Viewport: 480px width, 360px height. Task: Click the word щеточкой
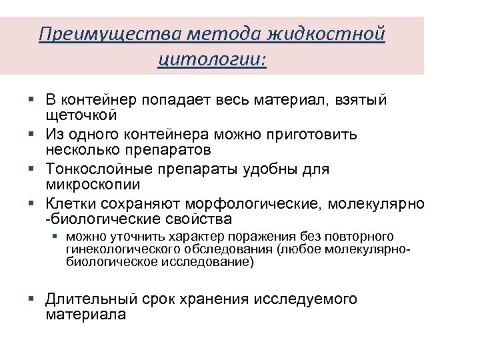[x=82, y=116]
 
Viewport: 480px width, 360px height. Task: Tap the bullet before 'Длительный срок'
[x=31, y=299]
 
